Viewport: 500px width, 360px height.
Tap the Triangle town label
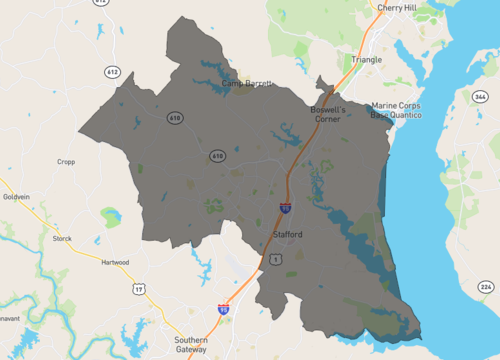click(x=367, y=59)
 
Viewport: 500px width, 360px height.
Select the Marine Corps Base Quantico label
click(x=396, y=110)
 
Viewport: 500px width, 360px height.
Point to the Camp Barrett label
click(x=246, y=83)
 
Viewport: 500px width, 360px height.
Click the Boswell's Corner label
click(x=326, y=113)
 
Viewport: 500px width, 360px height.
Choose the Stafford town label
click(x=288, y=234)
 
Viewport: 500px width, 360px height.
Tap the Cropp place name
click(x=66, y=161)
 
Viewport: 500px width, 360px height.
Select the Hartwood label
click(x=116, y=262)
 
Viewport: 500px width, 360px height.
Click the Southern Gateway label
click(x=191, y=344)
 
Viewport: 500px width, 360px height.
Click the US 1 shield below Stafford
click(x=274, y=259)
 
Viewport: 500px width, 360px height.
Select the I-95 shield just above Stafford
click(x=286, y=208)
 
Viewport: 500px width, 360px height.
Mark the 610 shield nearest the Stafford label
click(x=217, y=156)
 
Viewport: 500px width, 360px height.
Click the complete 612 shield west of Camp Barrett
click(x=112, y=72)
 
